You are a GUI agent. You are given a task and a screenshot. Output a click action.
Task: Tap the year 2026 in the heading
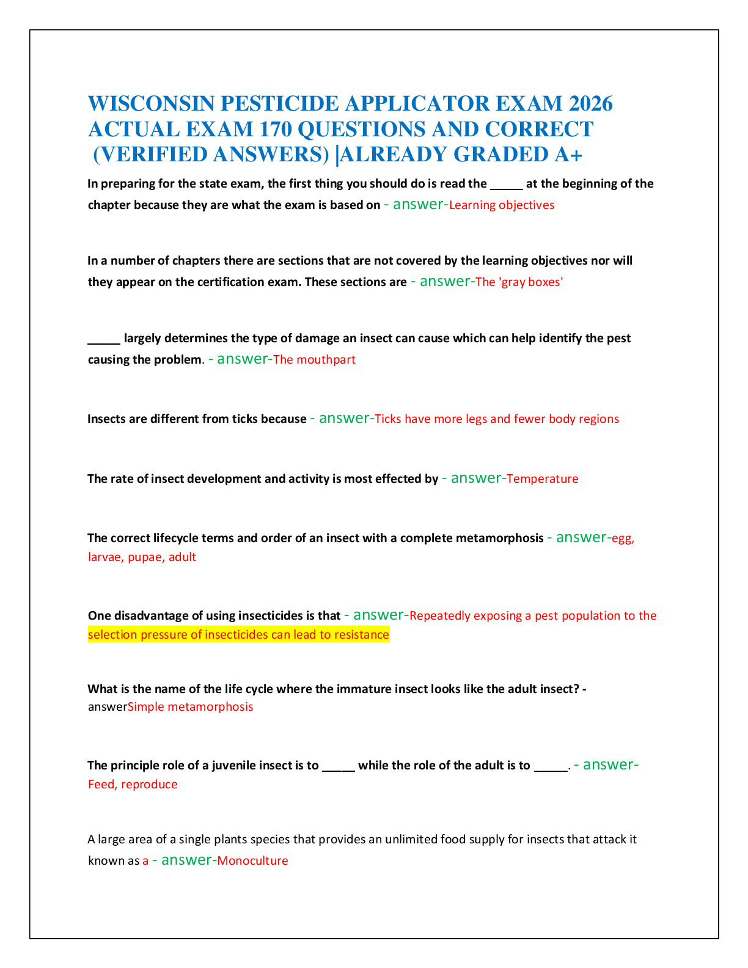coord(590,104)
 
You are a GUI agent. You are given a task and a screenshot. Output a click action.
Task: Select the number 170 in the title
coord(275,130)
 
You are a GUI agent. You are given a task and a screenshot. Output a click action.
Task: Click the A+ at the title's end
coord(568,155)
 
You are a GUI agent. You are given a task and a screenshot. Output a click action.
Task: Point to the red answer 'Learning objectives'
coord(502,205)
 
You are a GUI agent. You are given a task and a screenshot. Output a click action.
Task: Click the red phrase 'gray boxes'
coord(531,282)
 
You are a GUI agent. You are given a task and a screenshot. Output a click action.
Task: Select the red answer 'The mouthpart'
coord(314,359)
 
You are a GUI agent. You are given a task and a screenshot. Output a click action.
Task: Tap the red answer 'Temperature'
coord(542,479)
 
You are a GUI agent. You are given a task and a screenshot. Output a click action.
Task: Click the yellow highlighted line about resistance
coord(239,634)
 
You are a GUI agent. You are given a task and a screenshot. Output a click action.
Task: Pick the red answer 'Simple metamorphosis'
coord(190,707)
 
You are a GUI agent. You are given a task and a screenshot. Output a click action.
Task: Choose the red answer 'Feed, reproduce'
coord(133,785)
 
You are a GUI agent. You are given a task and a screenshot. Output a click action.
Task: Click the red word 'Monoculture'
coord(252,860)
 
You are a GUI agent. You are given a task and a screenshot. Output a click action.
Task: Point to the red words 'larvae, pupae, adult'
coord(142,557)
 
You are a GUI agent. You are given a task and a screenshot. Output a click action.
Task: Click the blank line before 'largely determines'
coord(104,343)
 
